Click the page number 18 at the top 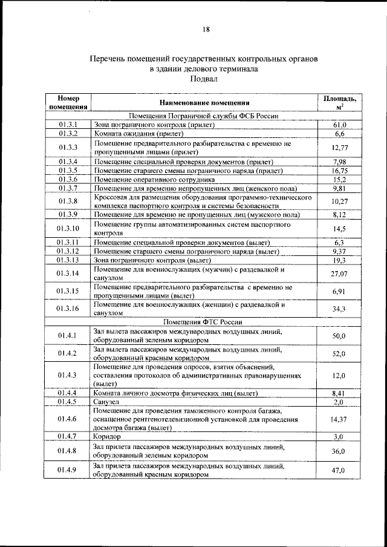click(x=206, y=30)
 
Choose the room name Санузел click(x=107, y=401)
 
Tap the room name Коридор click(x=107, y=436)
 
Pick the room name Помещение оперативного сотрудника click(x=155, y=180)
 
